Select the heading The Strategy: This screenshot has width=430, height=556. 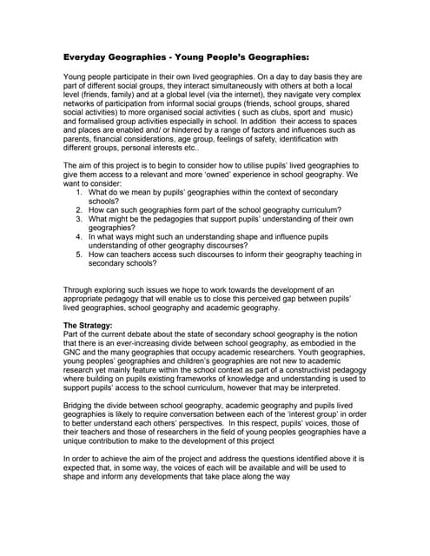(x=94, y=325)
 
